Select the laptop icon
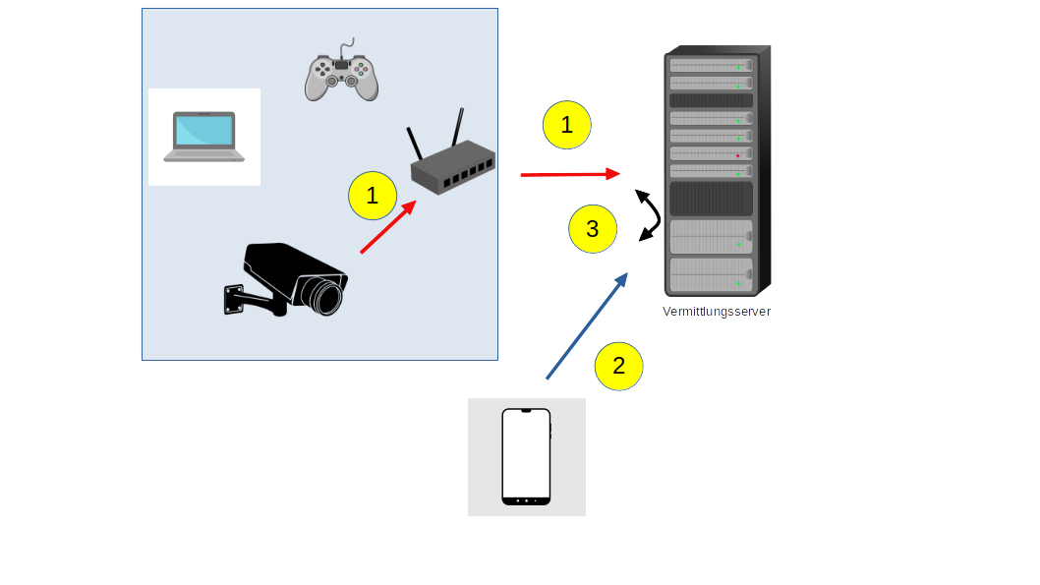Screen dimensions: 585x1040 click(x=204, y=137)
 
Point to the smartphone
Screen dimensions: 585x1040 click(x=526, y=456)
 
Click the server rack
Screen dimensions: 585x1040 click(x=715, y=172)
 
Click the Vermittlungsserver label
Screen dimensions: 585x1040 click(x=716, y=312)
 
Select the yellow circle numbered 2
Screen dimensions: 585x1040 click(x=618, y=366)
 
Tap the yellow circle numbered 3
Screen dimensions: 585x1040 click(x=592, y=229)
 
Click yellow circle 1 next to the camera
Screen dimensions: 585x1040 click(x=372, y=196)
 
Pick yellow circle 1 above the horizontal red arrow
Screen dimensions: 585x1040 click(x=565, y=125)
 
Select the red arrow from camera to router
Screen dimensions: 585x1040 click(x=388, y=227)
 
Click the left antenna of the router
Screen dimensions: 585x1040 click(x=415, y=144)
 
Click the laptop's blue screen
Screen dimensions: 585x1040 click(x=204, y=130)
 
